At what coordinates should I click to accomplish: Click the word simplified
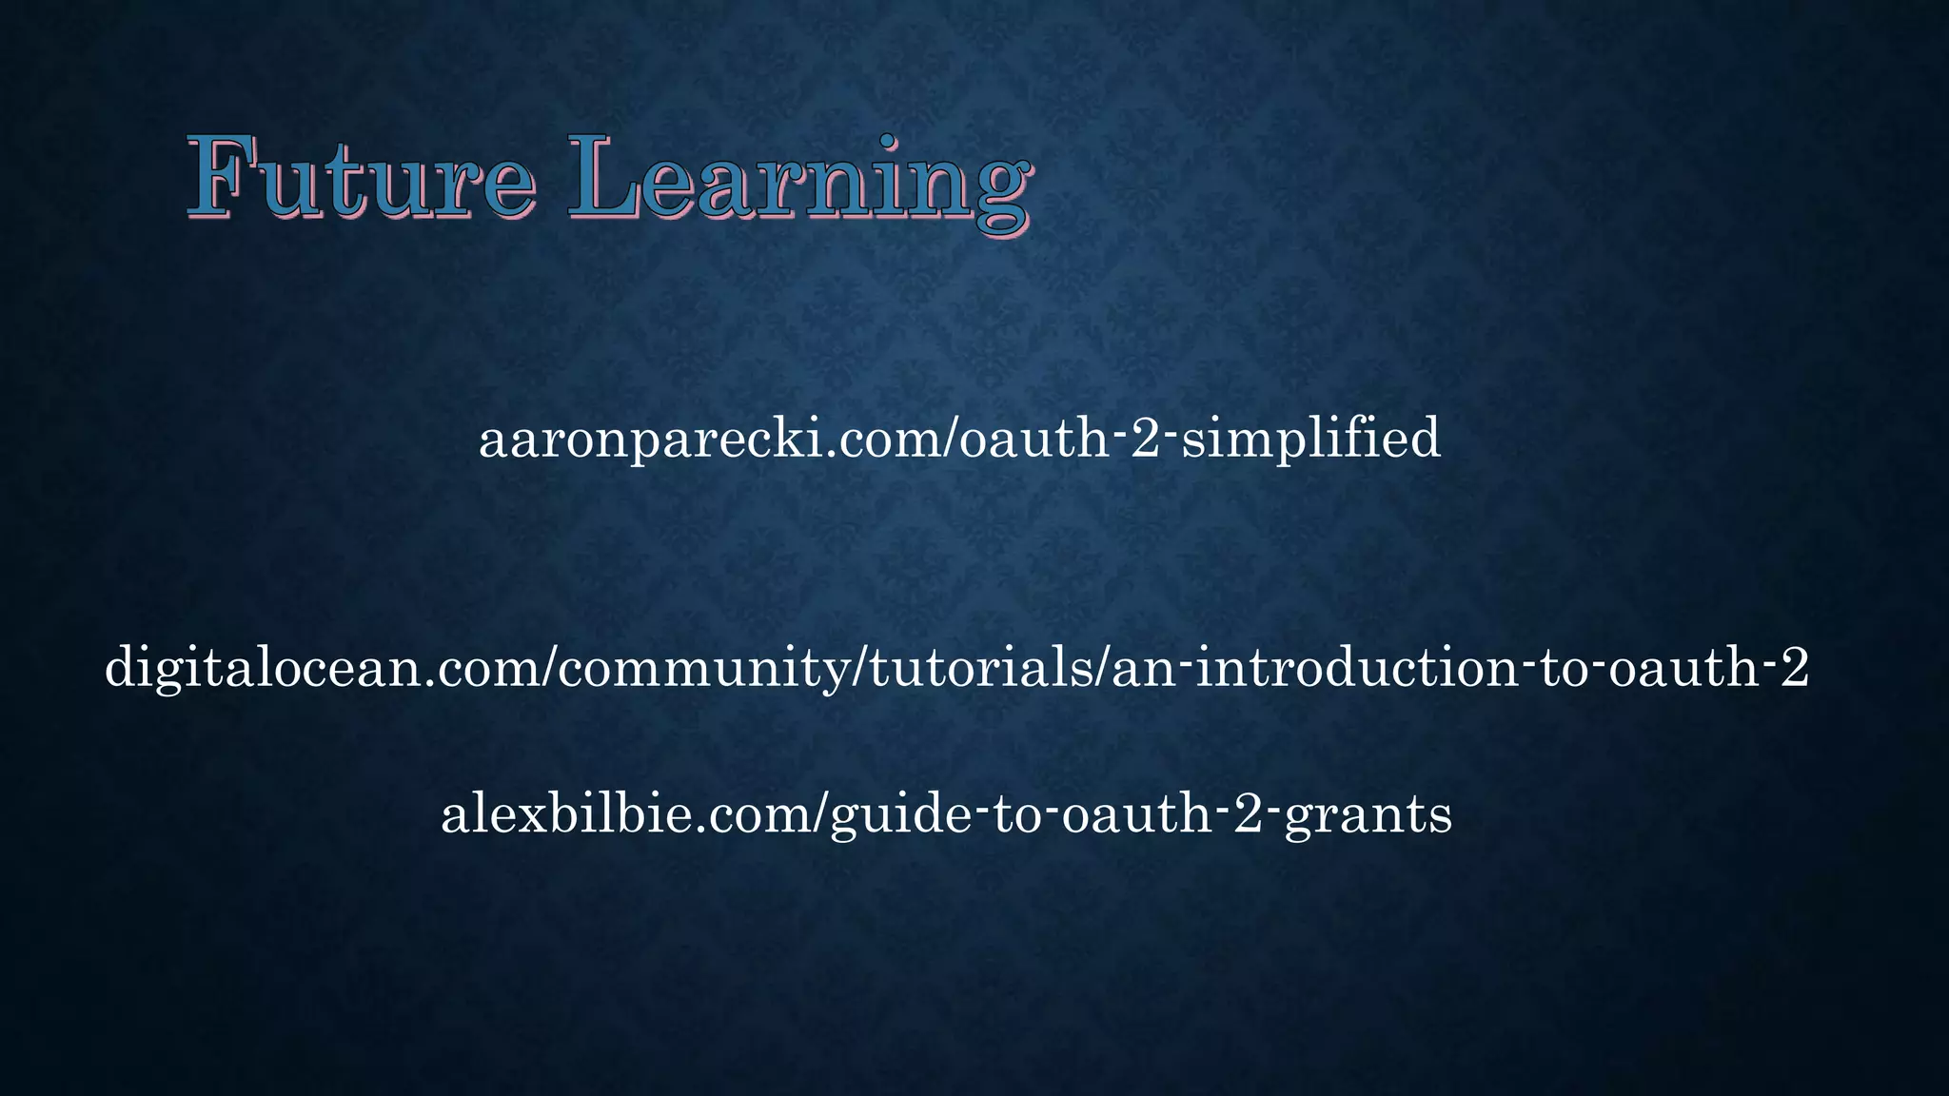coord(1310,440)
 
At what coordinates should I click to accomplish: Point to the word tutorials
coord(981,668)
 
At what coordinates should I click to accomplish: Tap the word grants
coord(1368,816)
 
